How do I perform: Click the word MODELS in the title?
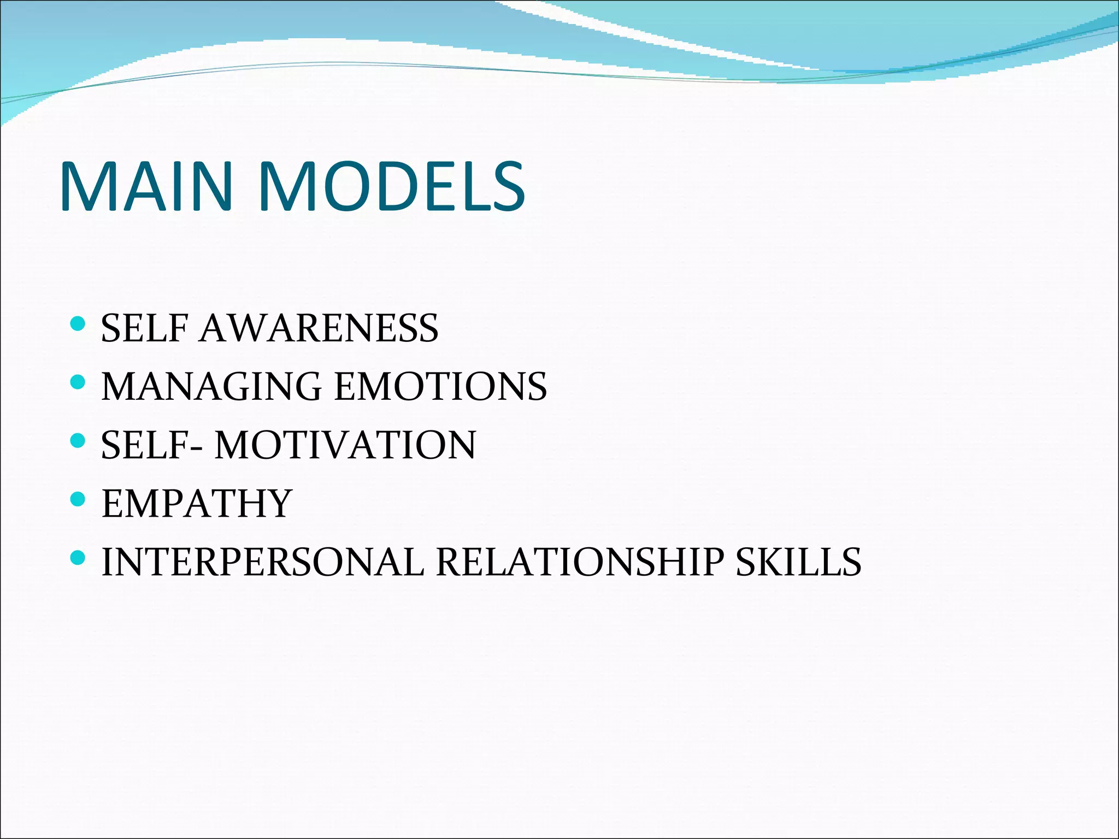coord(391,187)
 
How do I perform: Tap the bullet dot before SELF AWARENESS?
coord(79,324)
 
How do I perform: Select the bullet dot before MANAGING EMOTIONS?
coord(79,382)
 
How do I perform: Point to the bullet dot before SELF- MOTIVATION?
coord(79,440)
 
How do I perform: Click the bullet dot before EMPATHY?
coord(79,499)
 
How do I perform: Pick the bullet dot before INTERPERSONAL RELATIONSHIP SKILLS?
coord(79,558)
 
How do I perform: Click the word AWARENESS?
coord(319,329)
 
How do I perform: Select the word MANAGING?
coord(212,387)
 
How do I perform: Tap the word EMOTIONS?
coord(440,387)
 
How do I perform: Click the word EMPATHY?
coord(197,504)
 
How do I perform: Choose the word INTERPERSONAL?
coord(263,563)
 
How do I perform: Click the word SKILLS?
coord(798,563)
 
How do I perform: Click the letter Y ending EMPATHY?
coord(278,504)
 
